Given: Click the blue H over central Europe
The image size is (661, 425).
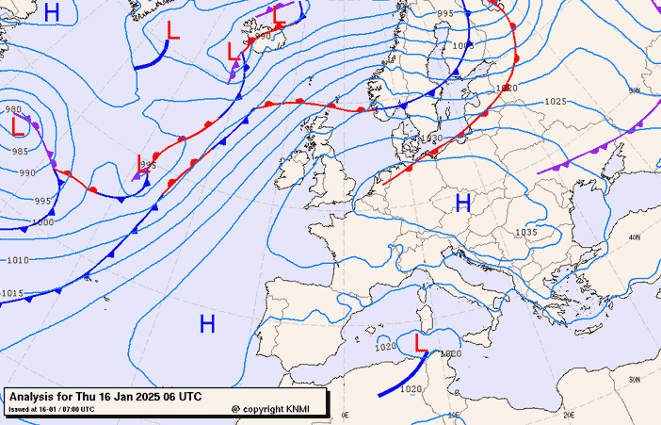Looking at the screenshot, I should tap(462, 203).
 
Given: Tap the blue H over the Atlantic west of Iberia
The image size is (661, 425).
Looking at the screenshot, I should tap(207, 325).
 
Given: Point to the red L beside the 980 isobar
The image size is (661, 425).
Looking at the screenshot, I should tap(18, 125).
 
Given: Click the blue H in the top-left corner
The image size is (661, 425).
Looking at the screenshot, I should tap(52, 12).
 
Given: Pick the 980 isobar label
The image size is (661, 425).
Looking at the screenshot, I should tap(14, 109).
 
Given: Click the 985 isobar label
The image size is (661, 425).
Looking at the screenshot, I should tap(20, 151).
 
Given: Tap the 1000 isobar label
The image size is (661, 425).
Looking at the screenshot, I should tap(42, 222).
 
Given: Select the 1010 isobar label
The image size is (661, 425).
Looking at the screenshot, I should tap(17, 260).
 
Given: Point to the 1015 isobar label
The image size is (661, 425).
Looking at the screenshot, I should tap(11, 293).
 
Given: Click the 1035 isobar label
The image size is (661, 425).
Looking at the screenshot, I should tap(525, 233).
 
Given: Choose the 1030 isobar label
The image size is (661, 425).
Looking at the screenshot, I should tap(431, 139).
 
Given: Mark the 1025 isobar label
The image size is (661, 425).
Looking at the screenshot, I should tap(556, 102).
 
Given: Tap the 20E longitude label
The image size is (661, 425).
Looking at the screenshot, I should tap(569, 414).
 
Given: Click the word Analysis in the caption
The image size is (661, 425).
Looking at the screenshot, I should tap(35, 396).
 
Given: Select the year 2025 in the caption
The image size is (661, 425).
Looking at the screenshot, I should tap(147, 396).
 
